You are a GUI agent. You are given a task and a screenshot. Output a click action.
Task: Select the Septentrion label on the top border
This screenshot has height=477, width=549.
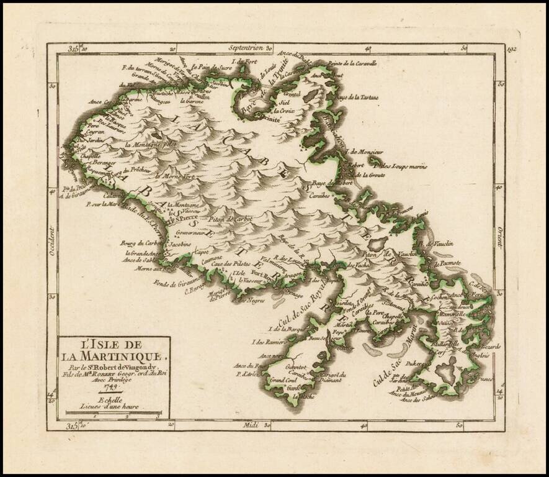pos(247,48)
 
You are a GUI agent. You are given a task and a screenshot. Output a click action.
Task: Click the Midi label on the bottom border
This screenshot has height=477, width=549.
pos(251,425)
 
